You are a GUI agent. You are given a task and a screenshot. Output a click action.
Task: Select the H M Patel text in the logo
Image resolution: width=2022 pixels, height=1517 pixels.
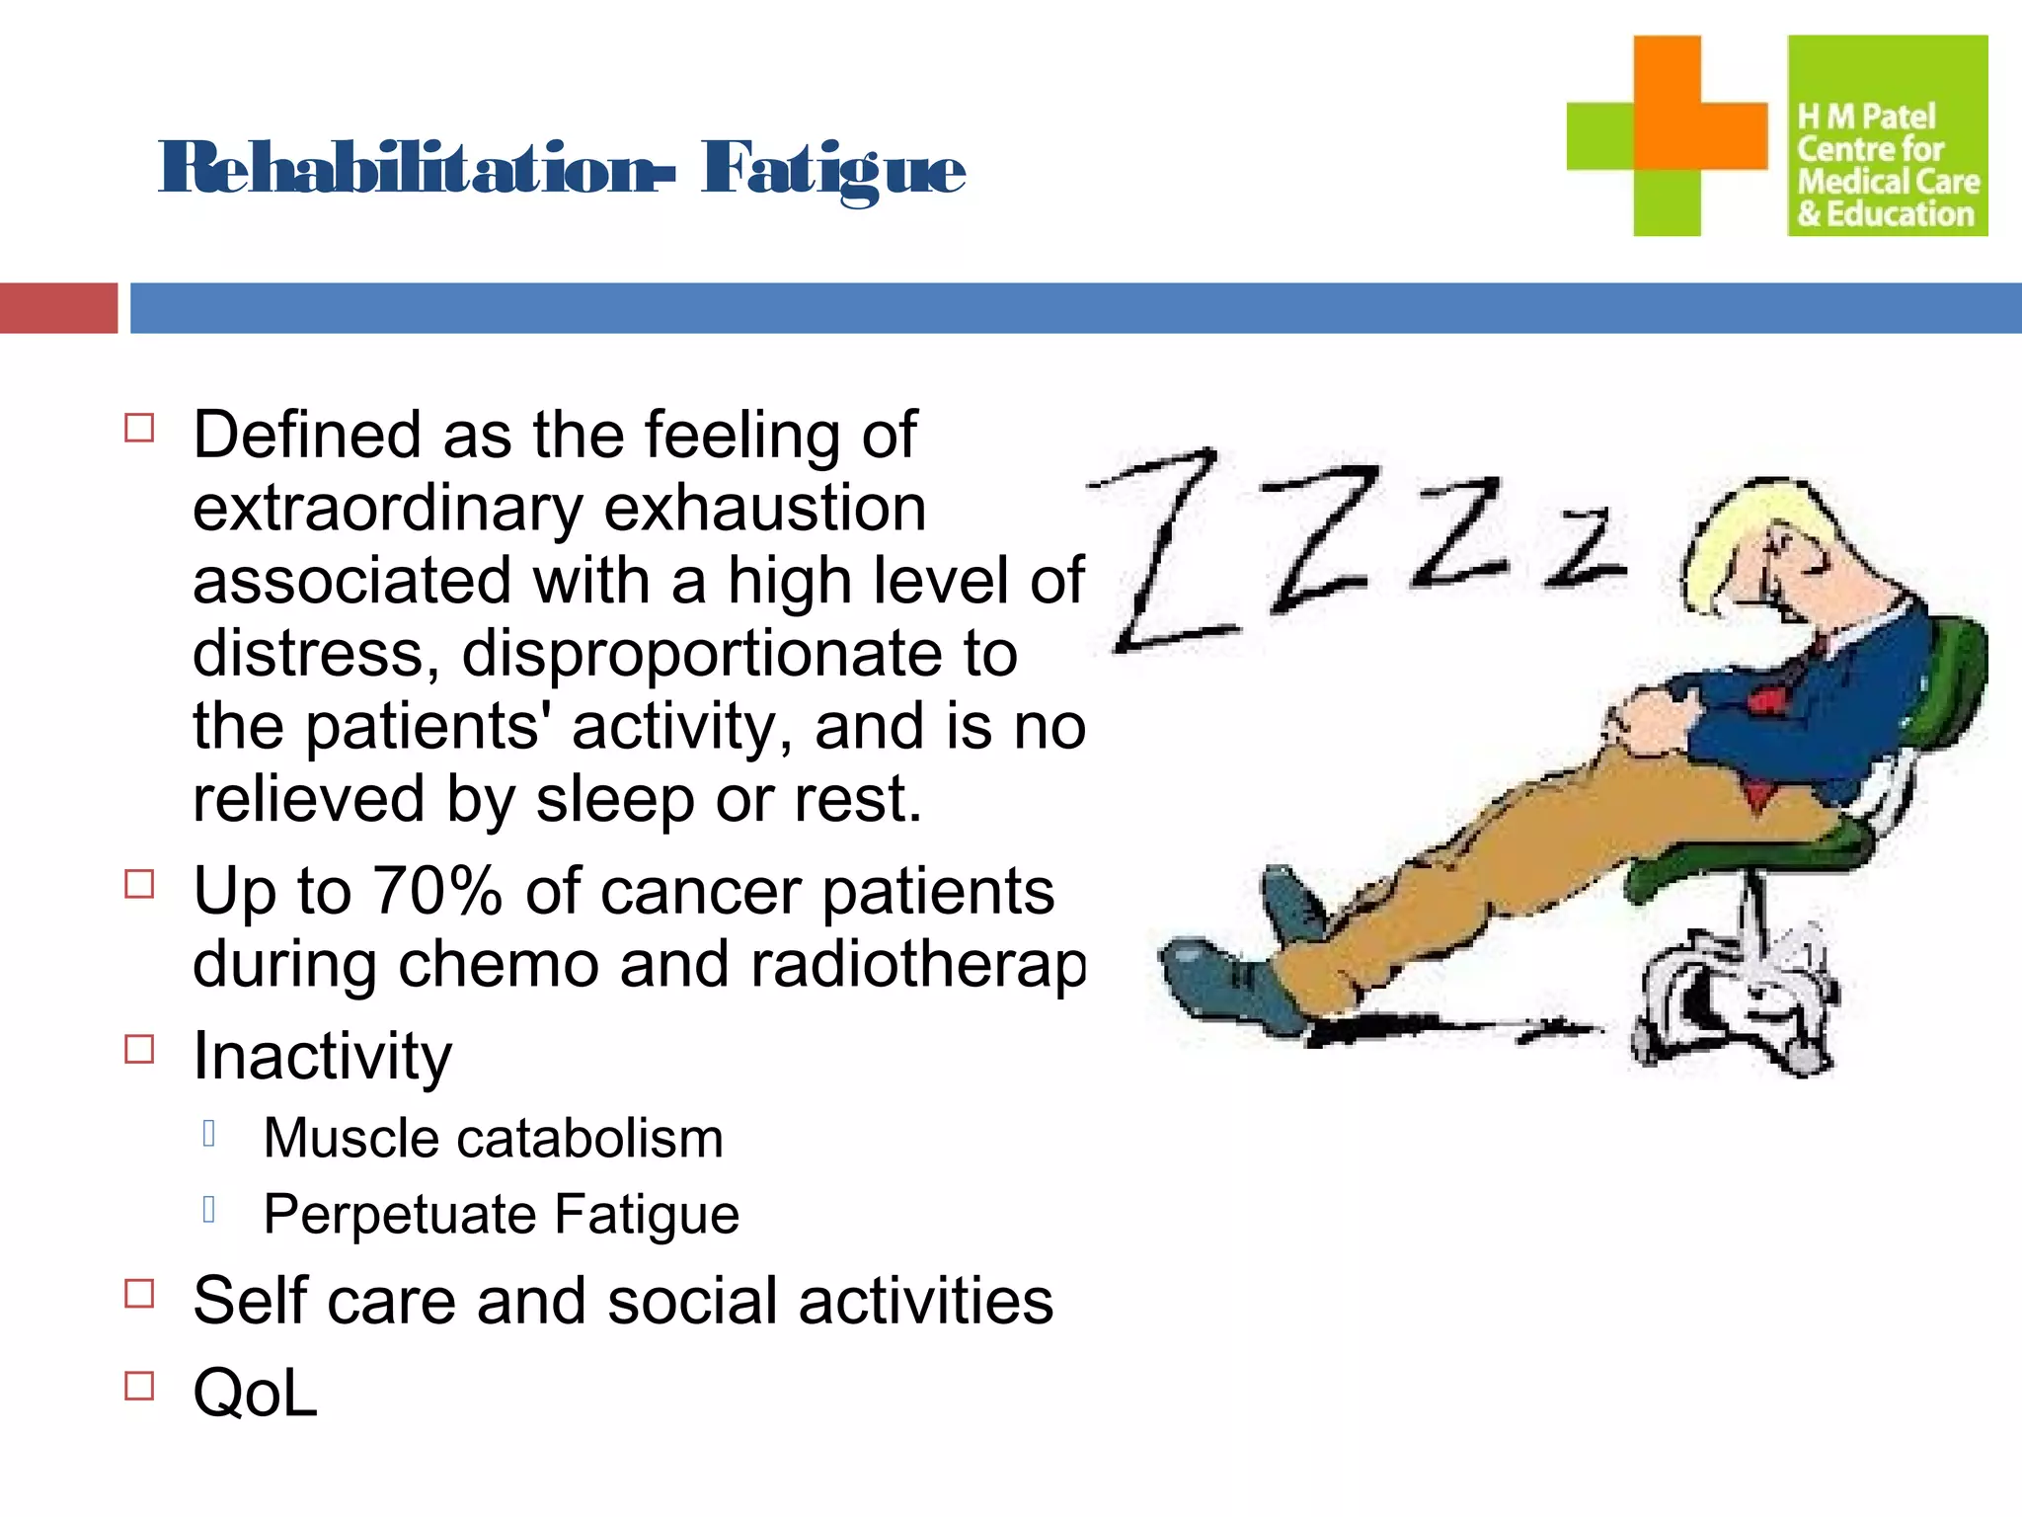pos(1865,117)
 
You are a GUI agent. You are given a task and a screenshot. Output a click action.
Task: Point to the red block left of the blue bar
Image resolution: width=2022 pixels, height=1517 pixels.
pos(58,308)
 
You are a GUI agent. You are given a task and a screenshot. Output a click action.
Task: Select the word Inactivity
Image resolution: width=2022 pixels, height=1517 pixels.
pos(322,1056)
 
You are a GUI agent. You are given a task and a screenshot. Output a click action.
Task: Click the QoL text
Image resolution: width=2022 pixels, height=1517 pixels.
pos(255,1393)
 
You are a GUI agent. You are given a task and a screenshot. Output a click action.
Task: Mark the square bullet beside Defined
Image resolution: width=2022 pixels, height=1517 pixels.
pos(139,428)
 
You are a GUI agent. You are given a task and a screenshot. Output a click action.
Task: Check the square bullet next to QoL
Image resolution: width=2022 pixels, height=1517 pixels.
pos(139,1386)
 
